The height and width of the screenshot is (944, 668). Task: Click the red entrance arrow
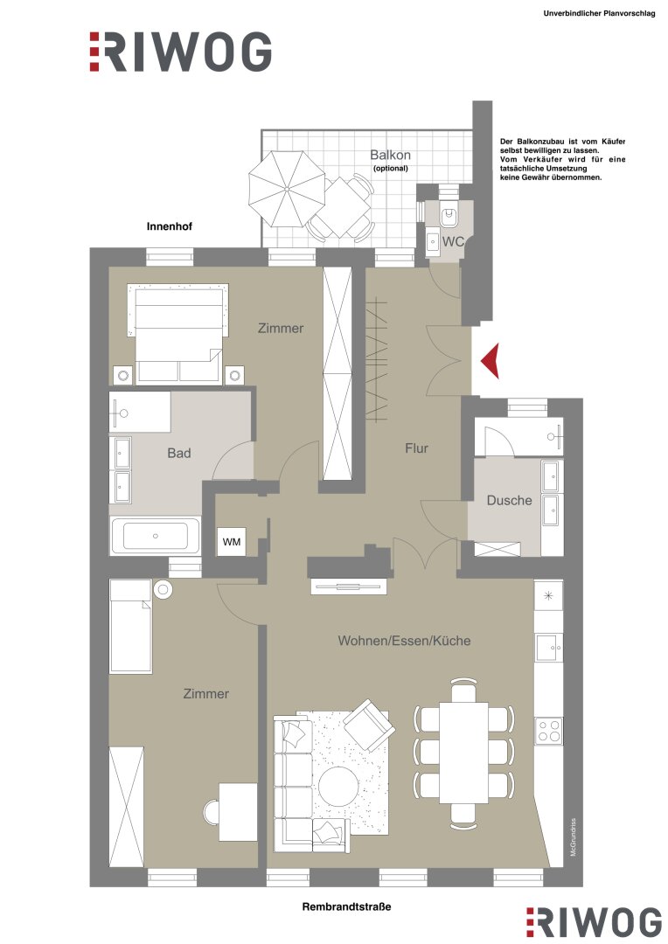point(491,360)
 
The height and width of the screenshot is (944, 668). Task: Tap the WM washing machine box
point(232,542)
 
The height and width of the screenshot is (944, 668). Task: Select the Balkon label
point(390,155)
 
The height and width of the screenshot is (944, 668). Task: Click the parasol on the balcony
point(287,189)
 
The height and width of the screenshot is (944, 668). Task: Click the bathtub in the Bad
point(155,536)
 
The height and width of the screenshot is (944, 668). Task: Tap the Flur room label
point(416,448)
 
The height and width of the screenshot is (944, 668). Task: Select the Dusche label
point(509,500)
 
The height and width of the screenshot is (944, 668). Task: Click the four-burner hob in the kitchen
point(549,732)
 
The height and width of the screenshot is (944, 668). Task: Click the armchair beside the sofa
point(369,725)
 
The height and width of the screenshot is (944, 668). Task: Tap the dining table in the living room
point(463,752)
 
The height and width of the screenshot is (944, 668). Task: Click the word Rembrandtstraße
point(346,906)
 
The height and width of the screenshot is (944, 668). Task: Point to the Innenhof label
point(170,226)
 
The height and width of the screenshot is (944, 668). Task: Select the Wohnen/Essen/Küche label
point(404,641)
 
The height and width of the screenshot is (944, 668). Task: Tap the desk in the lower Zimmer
point(237,811)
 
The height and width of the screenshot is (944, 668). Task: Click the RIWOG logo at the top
point(180,52)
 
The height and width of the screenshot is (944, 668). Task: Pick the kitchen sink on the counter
point(549,648)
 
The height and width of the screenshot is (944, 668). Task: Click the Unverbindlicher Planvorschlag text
point(599,13)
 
